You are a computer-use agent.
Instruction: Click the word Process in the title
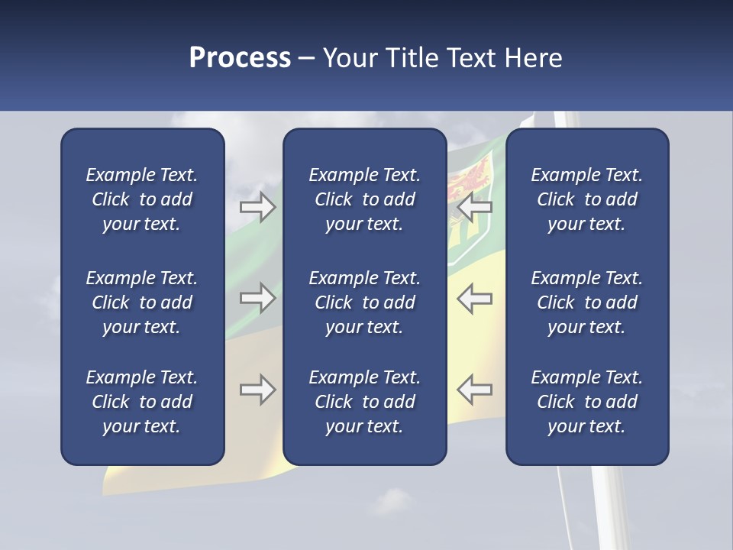[x=240, y=58]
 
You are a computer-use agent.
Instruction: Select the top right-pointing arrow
[x=257, y=207]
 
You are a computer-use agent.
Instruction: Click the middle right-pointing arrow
[x=257, y=298]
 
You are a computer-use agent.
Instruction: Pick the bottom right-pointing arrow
[x=257, y=390]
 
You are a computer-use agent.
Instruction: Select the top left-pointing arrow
[x=474, y=207]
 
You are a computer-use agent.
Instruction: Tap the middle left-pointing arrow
[x=474, y=298]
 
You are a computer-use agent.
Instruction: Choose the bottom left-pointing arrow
[x=474, y=390]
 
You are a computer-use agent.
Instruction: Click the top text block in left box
[x=142, y=199]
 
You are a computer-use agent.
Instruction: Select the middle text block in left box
[x=142, y=302]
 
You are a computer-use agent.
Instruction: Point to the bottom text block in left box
[x=142, y=402]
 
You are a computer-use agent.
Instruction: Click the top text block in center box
[x=364, y=199]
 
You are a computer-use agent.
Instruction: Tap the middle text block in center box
[x=364, y=302]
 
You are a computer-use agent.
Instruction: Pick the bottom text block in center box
[x=364, y=402]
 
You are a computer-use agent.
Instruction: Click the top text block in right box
[x=586, y=199]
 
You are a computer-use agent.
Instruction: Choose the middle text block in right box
[x=586, y=302]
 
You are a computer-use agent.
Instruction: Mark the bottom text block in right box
[x=586, y=402]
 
